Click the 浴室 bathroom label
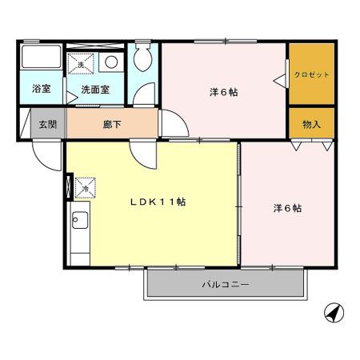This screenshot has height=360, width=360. pyautogui.click(x=41, y=90)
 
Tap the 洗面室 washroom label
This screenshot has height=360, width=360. pyautogui.click(x=96, y=90)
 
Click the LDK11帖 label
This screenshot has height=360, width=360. pyautogui.click(x=158, y=202)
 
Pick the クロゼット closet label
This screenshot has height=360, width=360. pyautogui.click(x=311, y=74)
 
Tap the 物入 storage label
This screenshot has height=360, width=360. pyautogui.click(x=311, y=124)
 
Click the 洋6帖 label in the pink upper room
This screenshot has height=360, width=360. pyautogui.click(x=223, y=92)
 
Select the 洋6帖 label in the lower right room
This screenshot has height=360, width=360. pyautogui.click(x=286, y=208)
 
